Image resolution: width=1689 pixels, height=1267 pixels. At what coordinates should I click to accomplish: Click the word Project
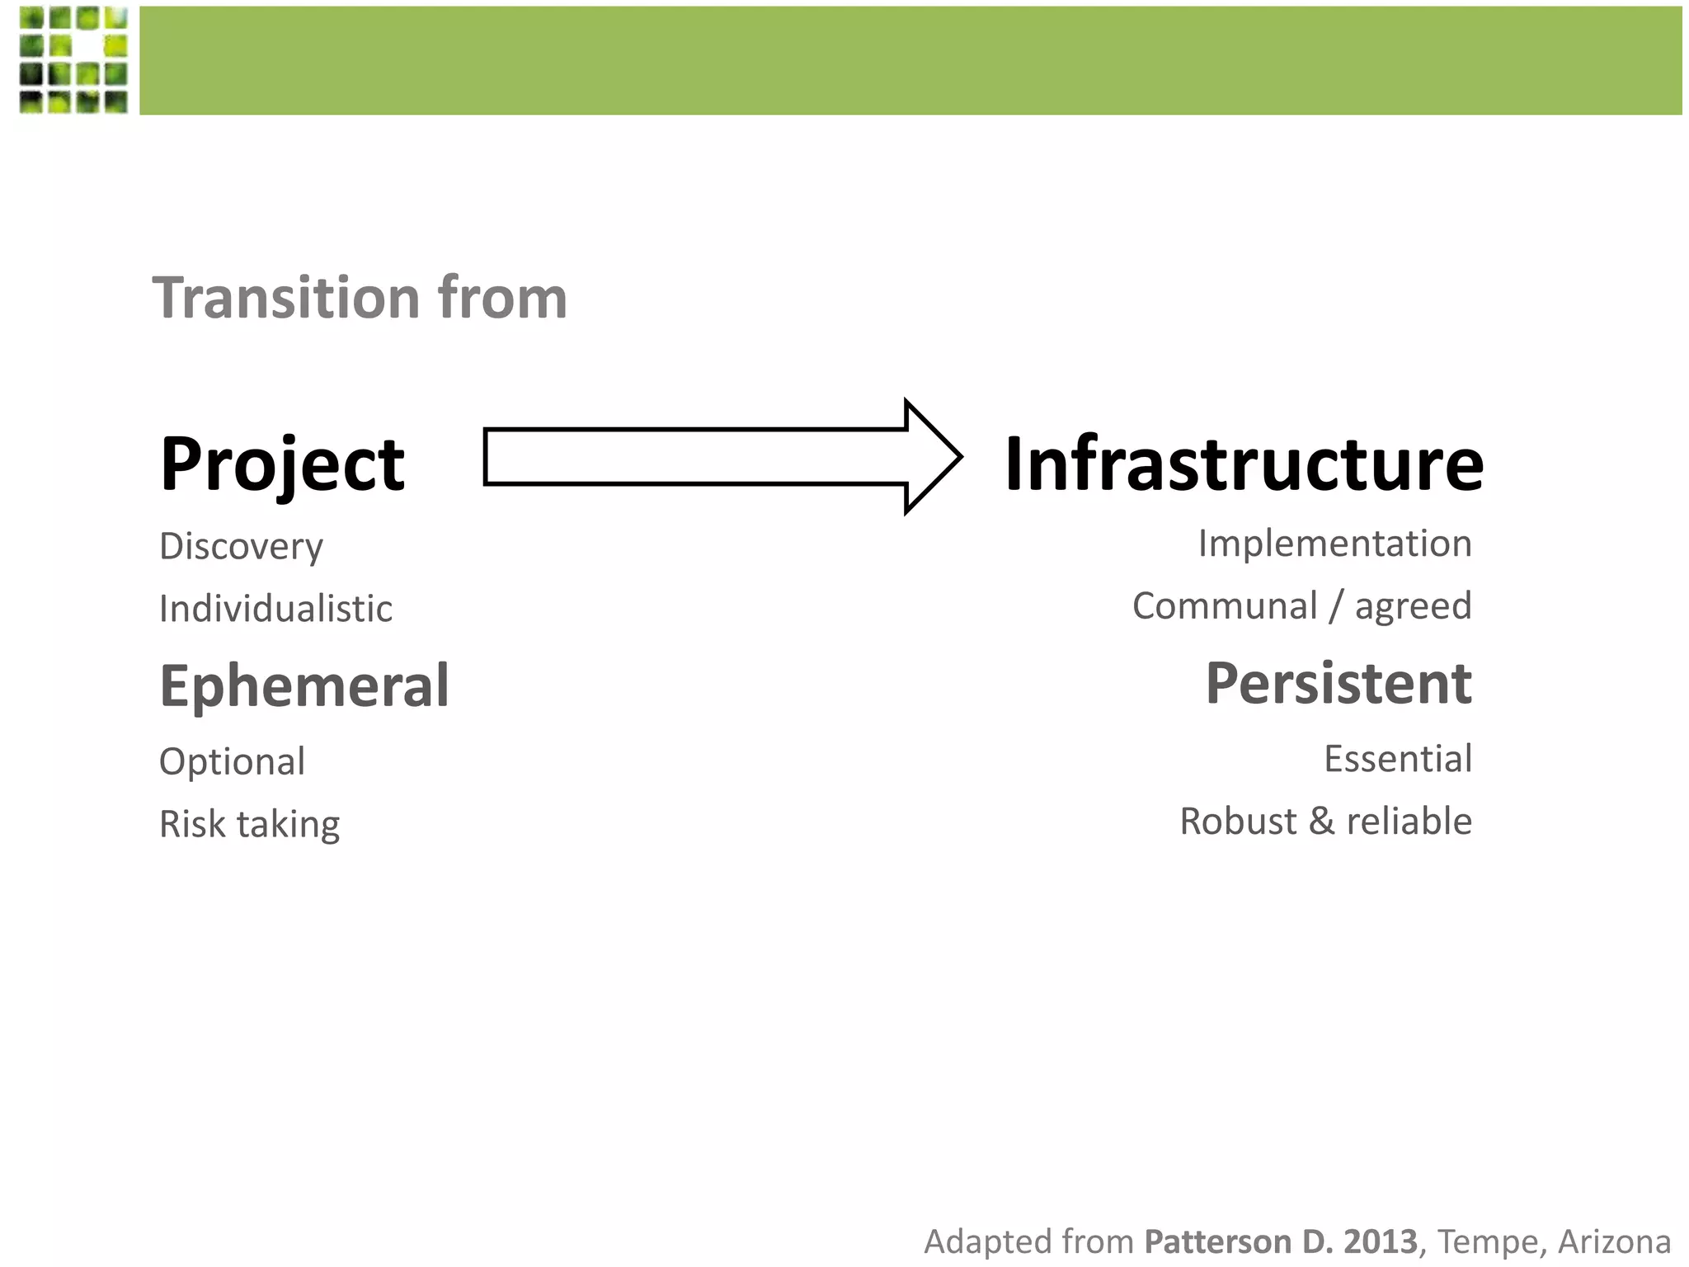[282, 464]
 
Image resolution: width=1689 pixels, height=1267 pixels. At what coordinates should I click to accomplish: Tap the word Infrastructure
[1244, 464]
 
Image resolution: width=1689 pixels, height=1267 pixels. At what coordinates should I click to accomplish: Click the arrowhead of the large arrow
[932, 457]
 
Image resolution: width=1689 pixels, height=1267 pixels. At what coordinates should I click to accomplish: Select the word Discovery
[241, 546]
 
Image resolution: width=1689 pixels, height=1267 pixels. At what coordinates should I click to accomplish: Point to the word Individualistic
[275, 609]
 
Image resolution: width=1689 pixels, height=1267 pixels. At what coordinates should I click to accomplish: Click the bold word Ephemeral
[303, 685]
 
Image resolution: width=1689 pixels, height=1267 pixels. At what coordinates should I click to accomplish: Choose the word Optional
[232, 761]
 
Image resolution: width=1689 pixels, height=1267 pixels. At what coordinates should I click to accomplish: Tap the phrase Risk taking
[249, 824]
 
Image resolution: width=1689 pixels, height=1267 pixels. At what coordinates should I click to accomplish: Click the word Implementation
[1334, 544]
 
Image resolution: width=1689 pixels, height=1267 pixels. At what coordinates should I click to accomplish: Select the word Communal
[1225, 606]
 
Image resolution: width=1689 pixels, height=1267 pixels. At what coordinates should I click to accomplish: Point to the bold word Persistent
[1338, 684]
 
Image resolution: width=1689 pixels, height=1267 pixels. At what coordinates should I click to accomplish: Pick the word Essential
[1397, 759]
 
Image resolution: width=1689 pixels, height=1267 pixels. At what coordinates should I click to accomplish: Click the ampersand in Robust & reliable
[1321, 822]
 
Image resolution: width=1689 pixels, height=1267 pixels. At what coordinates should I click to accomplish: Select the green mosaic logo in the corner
[73, 59]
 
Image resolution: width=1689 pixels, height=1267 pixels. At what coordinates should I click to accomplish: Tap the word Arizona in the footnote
[1614, 1241]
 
